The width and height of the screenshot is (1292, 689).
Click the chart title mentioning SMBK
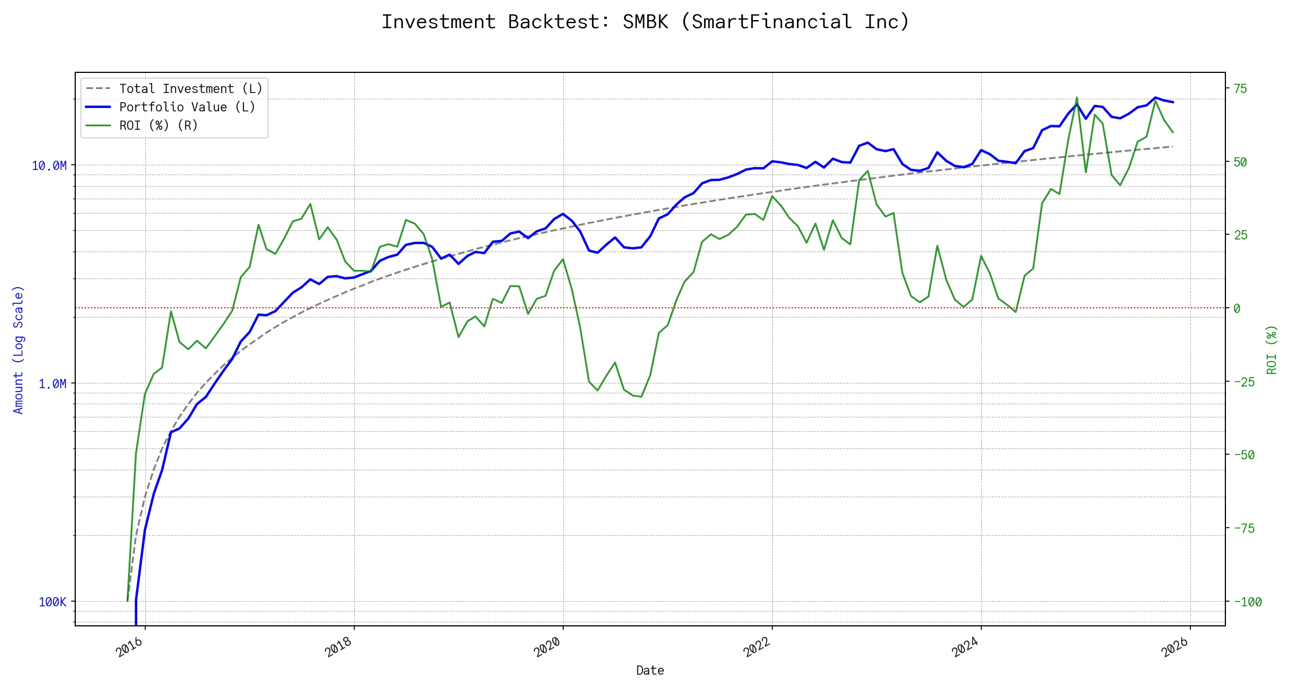tap(645, 22)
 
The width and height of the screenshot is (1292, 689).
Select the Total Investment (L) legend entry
tap(190, 89)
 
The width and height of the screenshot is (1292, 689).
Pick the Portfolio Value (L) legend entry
tap(187, 107)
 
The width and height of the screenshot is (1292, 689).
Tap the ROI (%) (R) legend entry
tap(158, 126)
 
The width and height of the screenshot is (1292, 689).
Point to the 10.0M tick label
tap(49, 166)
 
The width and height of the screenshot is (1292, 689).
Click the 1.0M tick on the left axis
tap(52, 384)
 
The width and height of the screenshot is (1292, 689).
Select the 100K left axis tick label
tap(52, 602)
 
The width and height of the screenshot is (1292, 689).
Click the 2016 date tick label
tap(130, 648)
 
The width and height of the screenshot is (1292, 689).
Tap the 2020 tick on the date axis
tap(547, 648)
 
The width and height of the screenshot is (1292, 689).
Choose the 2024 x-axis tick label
tap(965, 648)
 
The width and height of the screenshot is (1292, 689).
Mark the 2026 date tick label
tap(1174, 648)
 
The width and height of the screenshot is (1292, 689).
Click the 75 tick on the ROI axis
tap(1240, 89)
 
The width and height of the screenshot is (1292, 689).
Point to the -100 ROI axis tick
tap(1248, 602)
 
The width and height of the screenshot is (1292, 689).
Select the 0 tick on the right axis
tap(1237, 309)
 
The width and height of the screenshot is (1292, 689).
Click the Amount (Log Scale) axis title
tap(18, 350)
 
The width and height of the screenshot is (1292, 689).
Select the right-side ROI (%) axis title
tap(1271, 350)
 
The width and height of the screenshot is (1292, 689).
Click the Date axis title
tap(650, 671)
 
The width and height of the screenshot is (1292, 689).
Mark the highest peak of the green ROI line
tap(1077, 98)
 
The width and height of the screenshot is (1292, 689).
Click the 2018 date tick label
tap(339, 648)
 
